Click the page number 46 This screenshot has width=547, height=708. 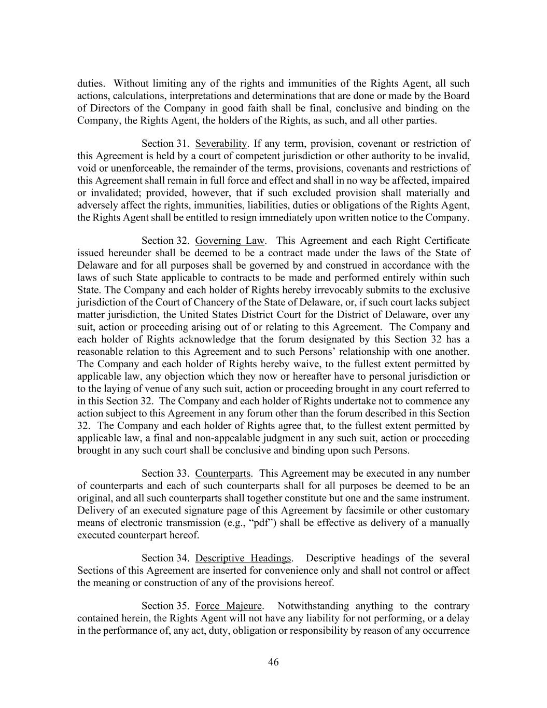click(273, 662)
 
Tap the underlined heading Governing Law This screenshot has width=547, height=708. click(230, 240)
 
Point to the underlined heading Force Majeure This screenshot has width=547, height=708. click(229, 606)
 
